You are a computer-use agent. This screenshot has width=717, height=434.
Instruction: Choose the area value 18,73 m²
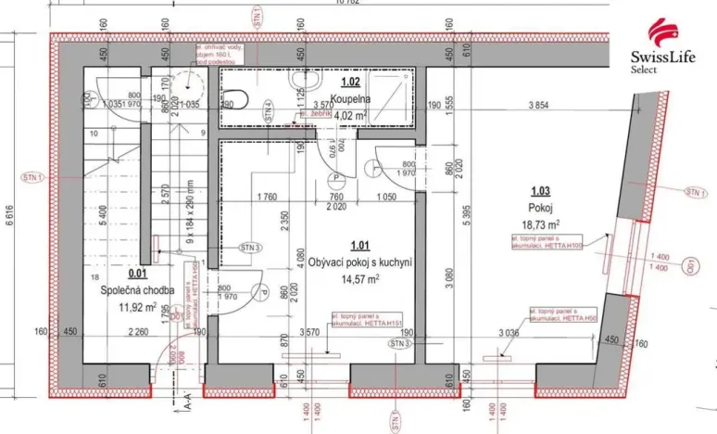[540, 224]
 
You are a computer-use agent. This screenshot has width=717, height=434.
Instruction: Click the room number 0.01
[137, 274]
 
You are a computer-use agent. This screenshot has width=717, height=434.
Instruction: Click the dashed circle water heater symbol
[196, 84]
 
